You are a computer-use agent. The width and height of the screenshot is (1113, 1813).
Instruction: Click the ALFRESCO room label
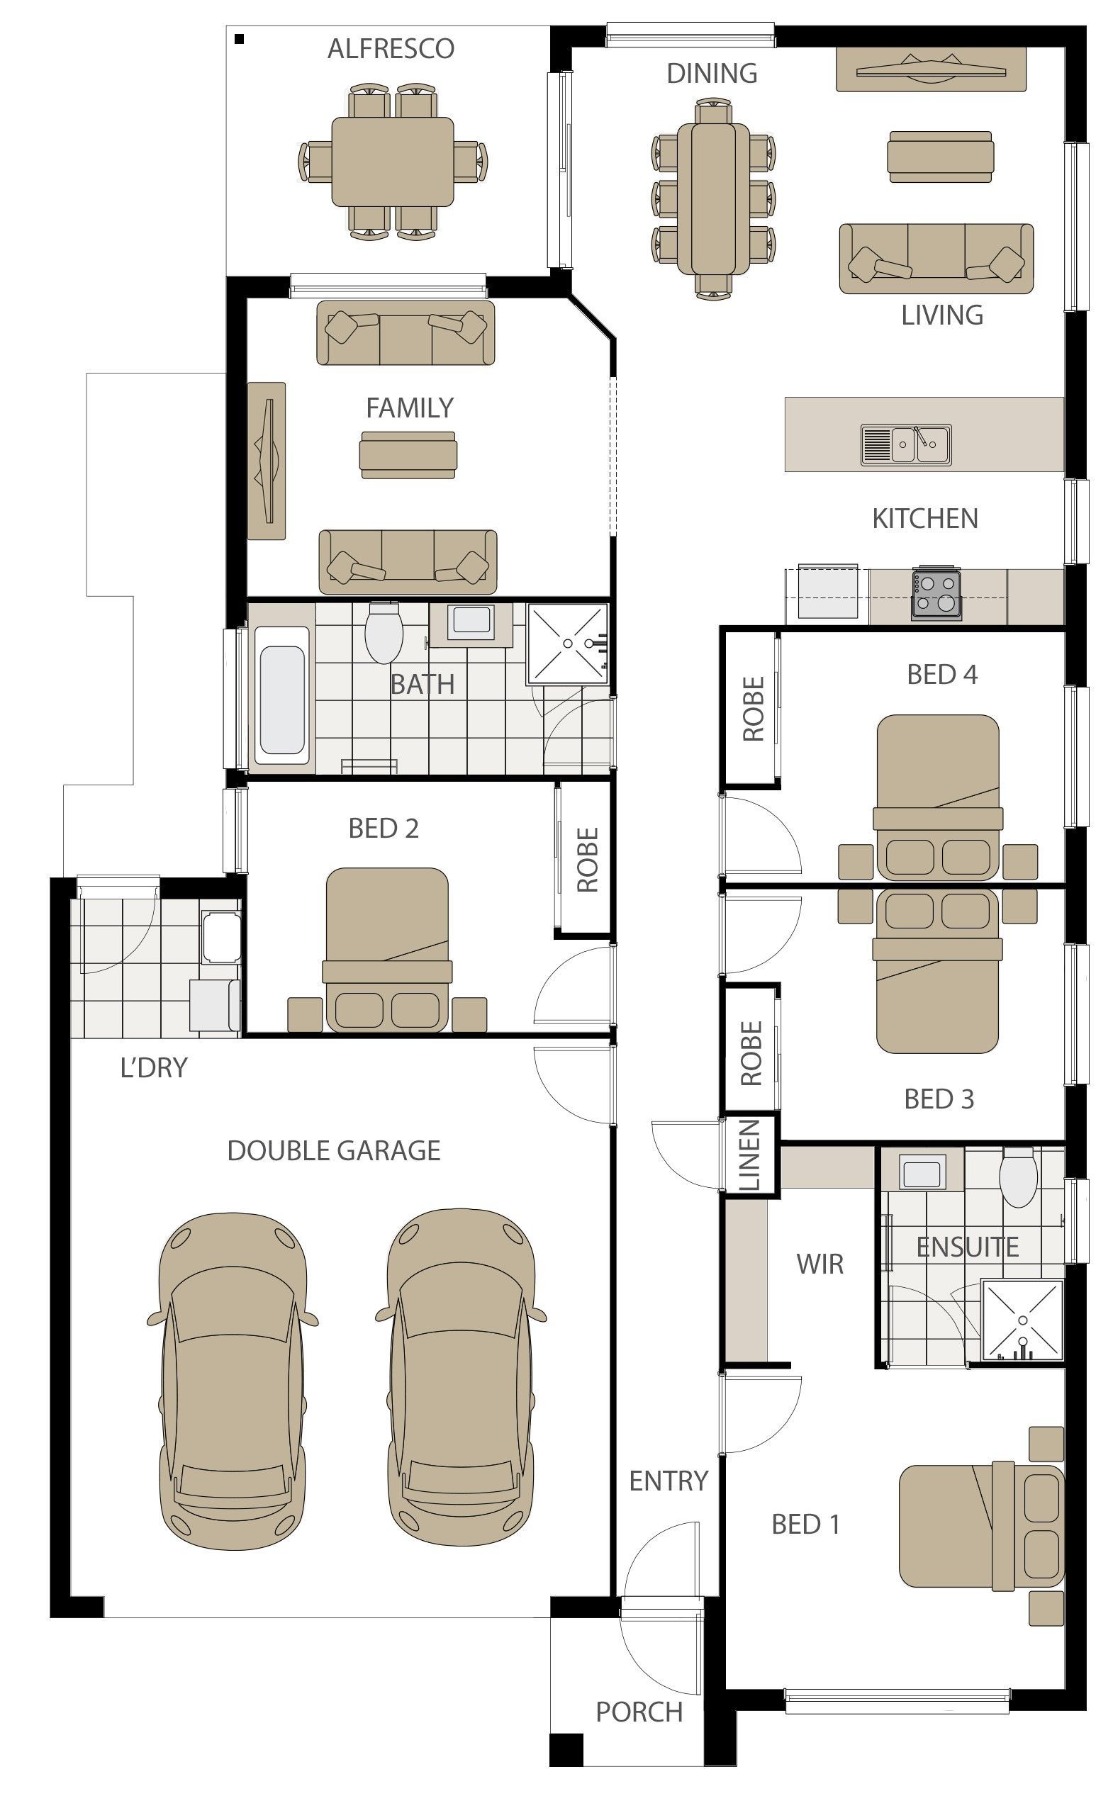[x=391, y=49]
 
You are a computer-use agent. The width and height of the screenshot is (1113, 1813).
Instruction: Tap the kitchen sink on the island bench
[x=906, y=444]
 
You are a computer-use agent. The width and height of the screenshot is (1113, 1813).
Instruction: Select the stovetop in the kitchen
[x=936, y=593]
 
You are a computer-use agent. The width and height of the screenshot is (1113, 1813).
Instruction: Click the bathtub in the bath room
[x=282, y=695]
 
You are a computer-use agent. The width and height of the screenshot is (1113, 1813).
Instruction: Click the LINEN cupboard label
[x=750, y=1155]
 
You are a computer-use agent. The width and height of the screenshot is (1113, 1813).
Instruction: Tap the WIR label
[x=820, y=1264]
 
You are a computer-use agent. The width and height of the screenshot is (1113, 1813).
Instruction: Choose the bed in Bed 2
[x=386, y=950]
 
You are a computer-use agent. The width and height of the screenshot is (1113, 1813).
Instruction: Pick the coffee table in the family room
[x=408, y=455]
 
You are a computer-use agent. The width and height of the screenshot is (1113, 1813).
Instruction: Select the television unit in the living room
[x=932, y=71]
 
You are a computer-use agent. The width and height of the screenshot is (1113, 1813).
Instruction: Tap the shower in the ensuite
[x=1022, y=1320]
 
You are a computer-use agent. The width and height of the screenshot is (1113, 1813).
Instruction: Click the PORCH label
[x=639, y=1712]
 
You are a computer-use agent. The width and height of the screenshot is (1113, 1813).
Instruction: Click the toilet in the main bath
[x=384, y=632]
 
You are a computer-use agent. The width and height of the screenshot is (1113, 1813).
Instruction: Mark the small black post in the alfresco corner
[x=239, y=39]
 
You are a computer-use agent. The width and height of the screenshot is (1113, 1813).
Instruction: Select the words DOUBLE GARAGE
[x=333, y=1151]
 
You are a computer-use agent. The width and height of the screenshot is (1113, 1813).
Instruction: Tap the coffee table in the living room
[x=940, y=157]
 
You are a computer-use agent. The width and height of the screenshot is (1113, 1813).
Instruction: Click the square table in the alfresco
[x=392, y=161]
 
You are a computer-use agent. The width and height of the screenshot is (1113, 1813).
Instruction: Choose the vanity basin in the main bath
[x=472, y=621]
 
